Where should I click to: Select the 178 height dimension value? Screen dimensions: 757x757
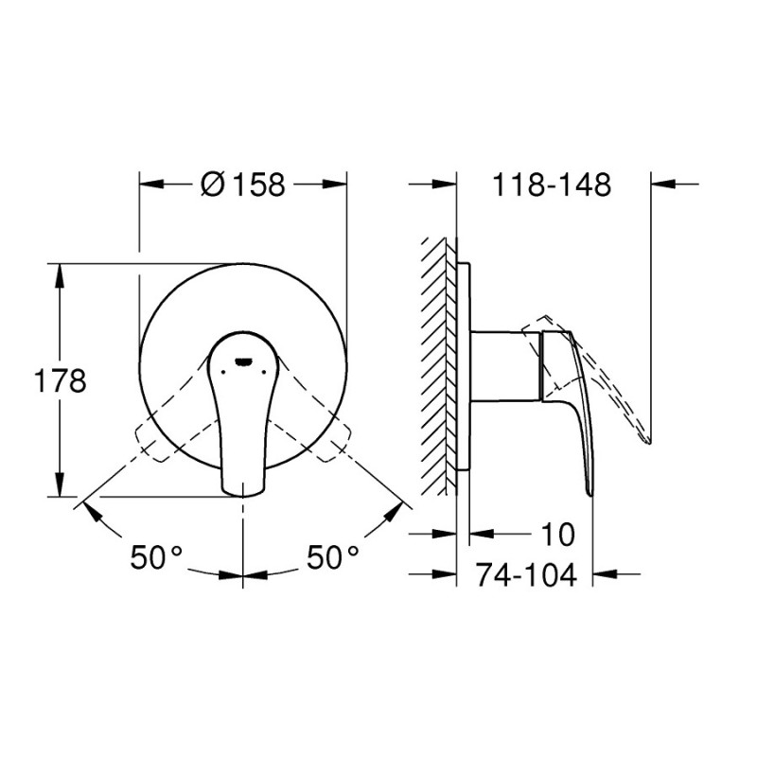coord(61,380)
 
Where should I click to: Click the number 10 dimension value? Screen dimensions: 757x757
coord(558,535)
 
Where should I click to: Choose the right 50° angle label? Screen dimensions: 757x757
coord(332,558)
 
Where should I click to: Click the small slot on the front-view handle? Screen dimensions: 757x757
coord(243,361)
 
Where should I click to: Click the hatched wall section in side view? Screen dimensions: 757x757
coord(439,364)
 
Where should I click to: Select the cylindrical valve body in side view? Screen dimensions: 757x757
coord(505,365)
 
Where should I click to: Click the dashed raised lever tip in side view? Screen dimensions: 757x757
coord(646,437)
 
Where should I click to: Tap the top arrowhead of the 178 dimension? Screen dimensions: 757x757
coord(61,271)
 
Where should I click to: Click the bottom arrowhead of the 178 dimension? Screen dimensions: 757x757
coord(61,489)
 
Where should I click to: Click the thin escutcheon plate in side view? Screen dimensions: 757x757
coord(464,365)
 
